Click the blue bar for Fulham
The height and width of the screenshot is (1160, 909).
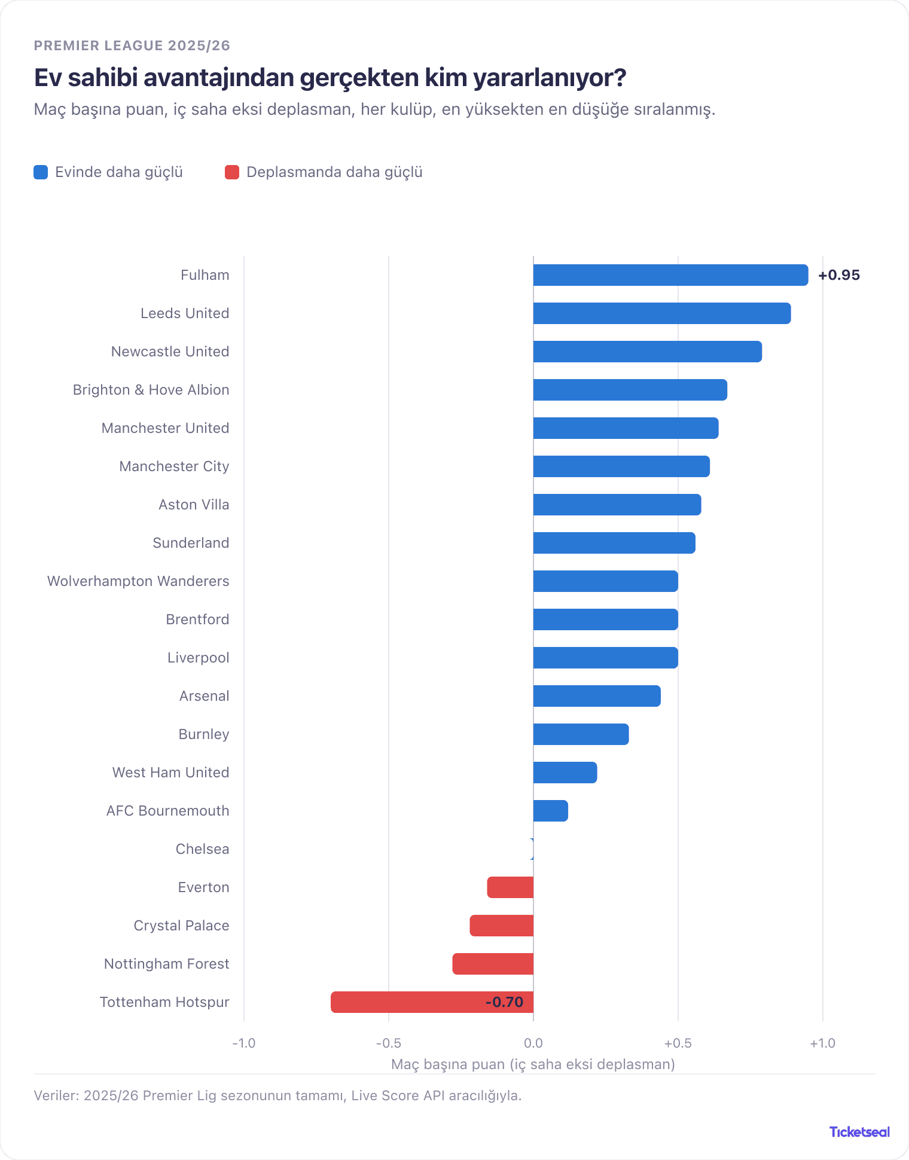tap(670, 275)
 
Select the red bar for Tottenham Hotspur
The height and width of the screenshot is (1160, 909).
tap(432, 1002)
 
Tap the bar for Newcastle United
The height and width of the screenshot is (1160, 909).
tap(648, 352)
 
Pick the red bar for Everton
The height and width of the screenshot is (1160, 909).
tap(510, 887)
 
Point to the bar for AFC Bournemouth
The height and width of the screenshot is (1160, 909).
tap(551, 811)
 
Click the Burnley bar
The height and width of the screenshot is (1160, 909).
tap(581, 734)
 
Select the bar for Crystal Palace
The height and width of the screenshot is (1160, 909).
tap(502, 926)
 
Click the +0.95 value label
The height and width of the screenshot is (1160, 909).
tap(839, 275)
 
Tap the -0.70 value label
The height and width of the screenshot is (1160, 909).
tap(504, 1002)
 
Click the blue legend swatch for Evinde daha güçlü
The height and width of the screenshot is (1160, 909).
tap(41, 172)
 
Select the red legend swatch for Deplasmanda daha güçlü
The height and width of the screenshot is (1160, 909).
tap(232, 172)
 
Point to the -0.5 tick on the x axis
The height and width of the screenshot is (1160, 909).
tap(389, 1043)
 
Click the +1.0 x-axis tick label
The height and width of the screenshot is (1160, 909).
tap(823, 1043)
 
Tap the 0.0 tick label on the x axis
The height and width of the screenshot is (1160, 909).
tap(533, 1043)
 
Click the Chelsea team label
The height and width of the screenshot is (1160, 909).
tap(202, 849)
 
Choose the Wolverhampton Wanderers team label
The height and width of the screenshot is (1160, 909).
tap(138, 581)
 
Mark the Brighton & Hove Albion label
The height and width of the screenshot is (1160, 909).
tap(151, 390)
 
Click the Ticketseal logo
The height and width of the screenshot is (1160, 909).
tap(859, 1132)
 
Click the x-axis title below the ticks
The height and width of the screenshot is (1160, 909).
tap(533, 1064)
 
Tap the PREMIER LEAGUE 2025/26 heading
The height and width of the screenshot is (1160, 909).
tap(132, 45)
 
